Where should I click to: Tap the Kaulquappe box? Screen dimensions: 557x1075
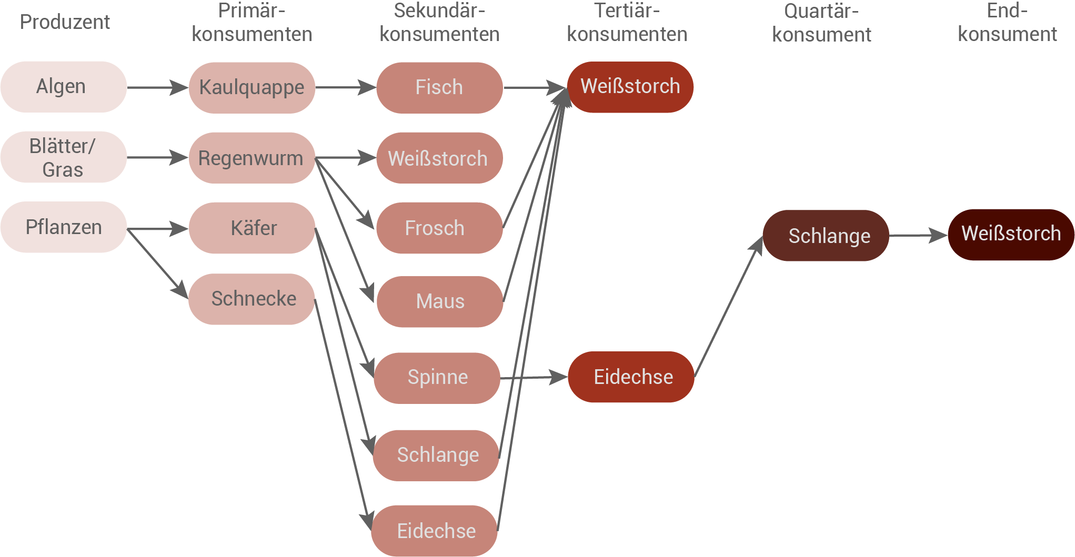(x=252, y=87)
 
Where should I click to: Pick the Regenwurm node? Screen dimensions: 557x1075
(x=252, y=158)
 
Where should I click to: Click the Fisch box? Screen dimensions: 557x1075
(x=439, y=87)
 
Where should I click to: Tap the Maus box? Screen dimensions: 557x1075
(x=439, y=301)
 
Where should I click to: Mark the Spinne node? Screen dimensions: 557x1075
(x=437, y=378)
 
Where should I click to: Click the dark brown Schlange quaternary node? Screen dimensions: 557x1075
(x=826, y=236)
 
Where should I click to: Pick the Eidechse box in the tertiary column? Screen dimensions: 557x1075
(x=631, y=377)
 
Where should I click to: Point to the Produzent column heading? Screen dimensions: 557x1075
(x=65, y=22)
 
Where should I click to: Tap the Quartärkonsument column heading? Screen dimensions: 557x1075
(x=821, y=23)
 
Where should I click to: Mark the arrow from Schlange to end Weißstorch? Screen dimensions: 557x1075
(x=918, y=235)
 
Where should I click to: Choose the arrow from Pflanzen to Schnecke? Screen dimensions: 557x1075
(x=157, y=263)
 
